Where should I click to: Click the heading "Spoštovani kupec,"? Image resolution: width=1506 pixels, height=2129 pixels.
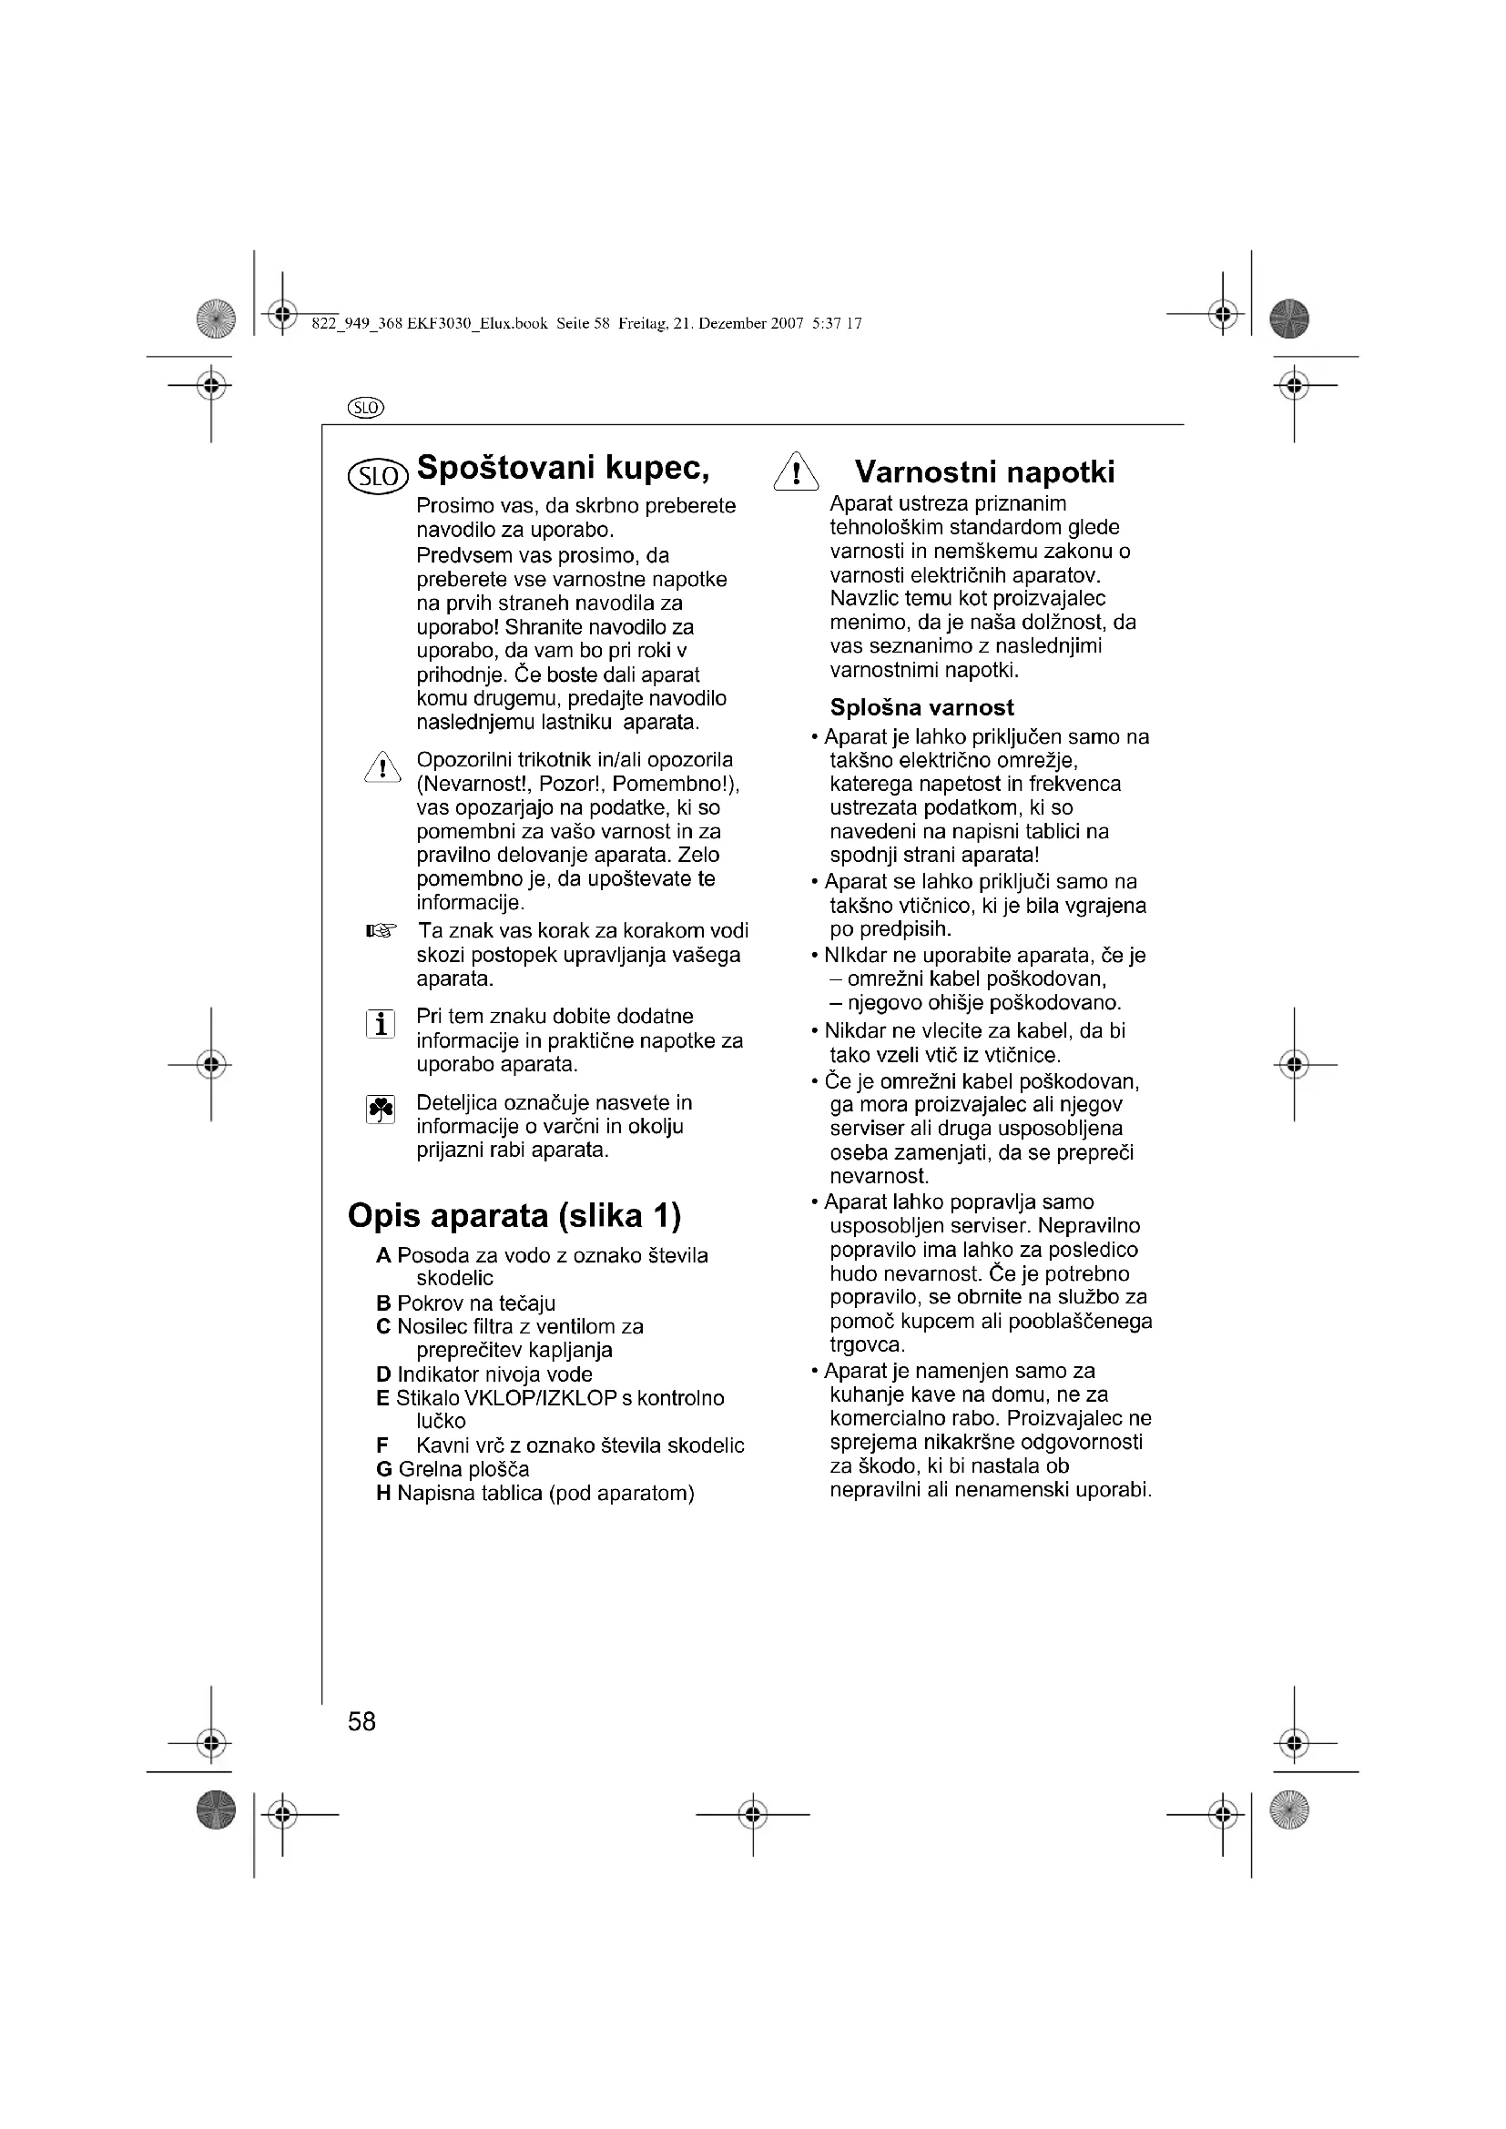(x=563, y=469)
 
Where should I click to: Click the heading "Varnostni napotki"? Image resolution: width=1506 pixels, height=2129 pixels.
(x=984, y=473)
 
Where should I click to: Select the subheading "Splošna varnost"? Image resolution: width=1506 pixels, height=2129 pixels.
(x=921, y=707)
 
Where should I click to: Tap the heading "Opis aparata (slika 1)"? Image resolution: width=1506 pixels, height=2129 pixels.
(x=514, y=1216)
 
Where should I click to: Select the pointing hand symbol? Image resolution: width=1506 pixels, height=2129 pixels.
(x=381, y=930)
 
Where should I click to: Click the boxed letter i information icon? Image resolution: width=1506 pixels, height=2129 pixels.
(x=381, y=1025)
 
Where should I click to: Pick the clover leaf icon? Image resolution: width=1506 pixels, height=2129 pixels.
(x=381, y=1109)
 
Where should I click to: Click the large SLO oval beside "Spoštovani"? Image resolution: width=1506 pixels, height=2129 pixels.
(x=378, y=477)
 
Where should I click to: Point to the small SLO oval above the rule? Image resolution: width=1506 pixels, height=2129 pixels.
(x=365, y=408)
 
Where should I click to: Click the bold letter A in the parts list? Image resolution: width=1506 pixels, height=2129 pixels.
(x=383, y=1255)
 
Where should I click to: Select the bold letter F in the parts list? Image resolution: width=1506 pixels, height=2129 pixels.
(x=382, y=1445)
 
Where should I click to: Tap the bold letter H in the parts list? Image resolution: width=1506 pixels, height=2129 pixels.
(x=384, y=1493)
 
